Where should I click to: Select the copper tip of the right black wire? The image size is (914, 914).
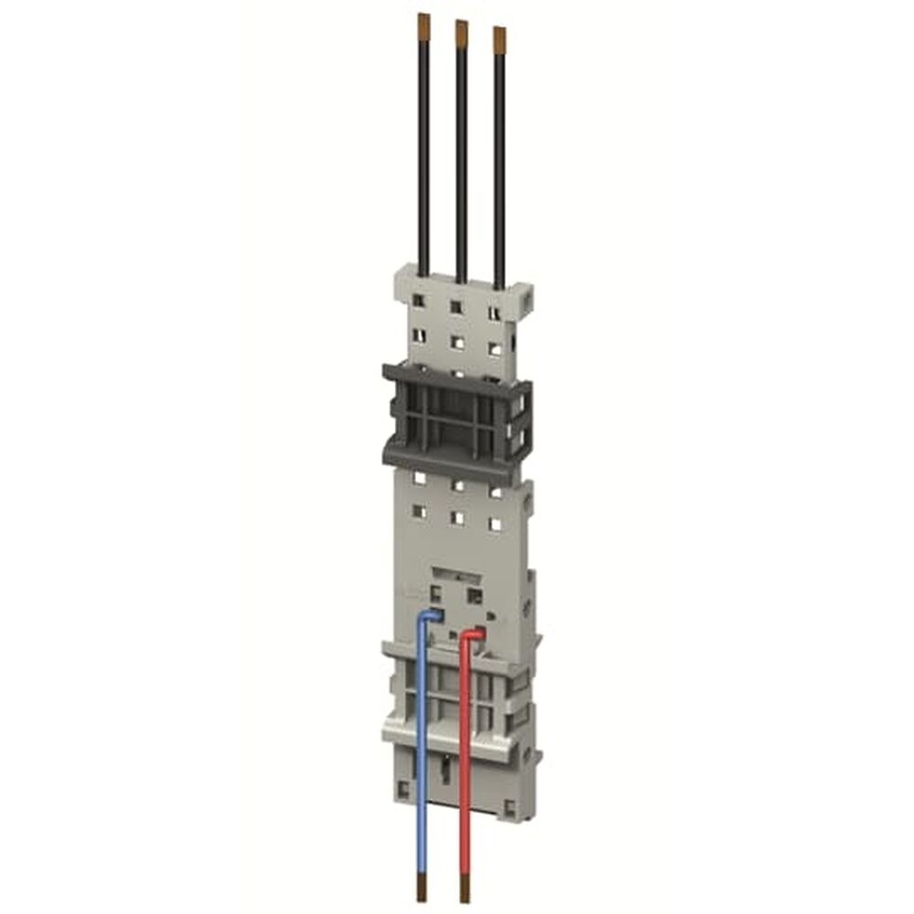pyautogui.click(x=499, y=37)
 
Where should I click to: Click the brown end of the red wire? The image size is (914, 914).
pyautogui.click(x=464, y=887)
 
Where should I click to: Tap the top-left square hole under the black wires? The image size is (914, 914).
pyautogui.click(x=419, y=301)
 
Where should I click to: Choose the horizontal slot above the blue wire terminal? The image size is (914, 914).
pyautogui.click(x=454, y=573)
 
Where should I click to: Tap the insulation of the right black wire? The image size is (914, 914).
pyautogui.click(x=499, y=165)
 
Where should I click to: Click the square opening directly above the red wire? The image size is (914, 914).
pyautogui.click(x=474, y=595)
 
